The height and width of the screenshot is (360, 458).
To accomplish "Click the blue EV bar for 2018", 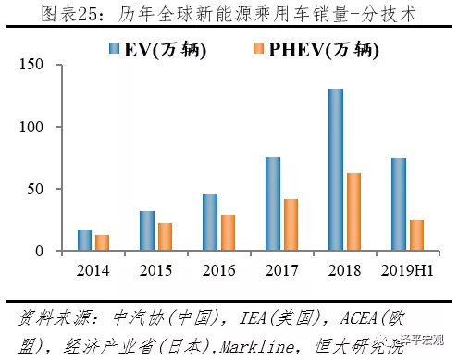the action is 336,169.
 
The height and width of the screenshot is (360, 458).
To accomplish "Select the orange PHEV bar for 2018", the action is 353,212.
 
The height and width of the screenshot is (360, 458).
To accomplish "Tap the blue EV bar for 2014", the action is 84,240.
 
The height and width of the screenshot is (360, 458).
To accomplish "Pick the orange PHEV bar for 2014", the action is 102,242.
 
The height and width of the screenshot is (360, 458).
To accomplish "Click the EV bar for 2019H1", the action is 399,205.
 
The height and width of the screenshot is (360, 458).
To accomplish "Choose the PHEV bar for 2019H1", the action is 416,235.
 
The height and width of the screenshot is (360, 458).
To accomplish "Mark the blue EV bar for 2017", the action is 273,204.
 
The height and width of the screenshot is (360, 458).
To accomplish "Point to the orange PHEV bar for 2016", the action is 228,232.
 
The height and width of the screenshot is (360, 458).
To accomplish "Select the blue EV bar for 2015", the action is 147,230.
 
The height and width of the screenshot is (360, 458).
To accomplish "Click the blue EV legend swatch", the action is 114,49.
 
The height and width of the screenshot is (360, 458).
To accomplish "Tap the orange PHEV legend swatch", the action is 258,49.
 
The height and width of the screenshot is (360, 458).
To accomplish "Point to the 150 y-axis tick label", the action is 31,65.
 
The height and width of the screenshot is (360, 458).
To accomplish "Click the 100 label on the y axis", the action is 31,127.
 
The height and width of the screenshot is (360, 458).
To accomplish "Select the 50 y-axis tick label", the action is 35,189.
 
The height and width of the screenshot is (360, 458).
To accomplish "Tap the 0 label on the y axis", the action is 39,251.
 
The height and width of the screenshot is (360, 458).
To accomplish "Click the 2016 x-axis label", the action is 218,270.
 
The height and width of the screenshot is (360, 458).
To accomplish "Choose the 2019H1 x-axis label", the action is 407,270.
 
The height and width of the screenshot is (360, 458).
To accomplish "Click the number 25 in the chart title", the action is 87,15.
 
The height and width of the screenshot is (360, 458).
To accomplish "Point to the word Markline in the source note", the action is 257,347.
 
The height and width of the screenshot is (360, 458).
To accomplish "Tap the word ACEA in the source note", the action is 358,318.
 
